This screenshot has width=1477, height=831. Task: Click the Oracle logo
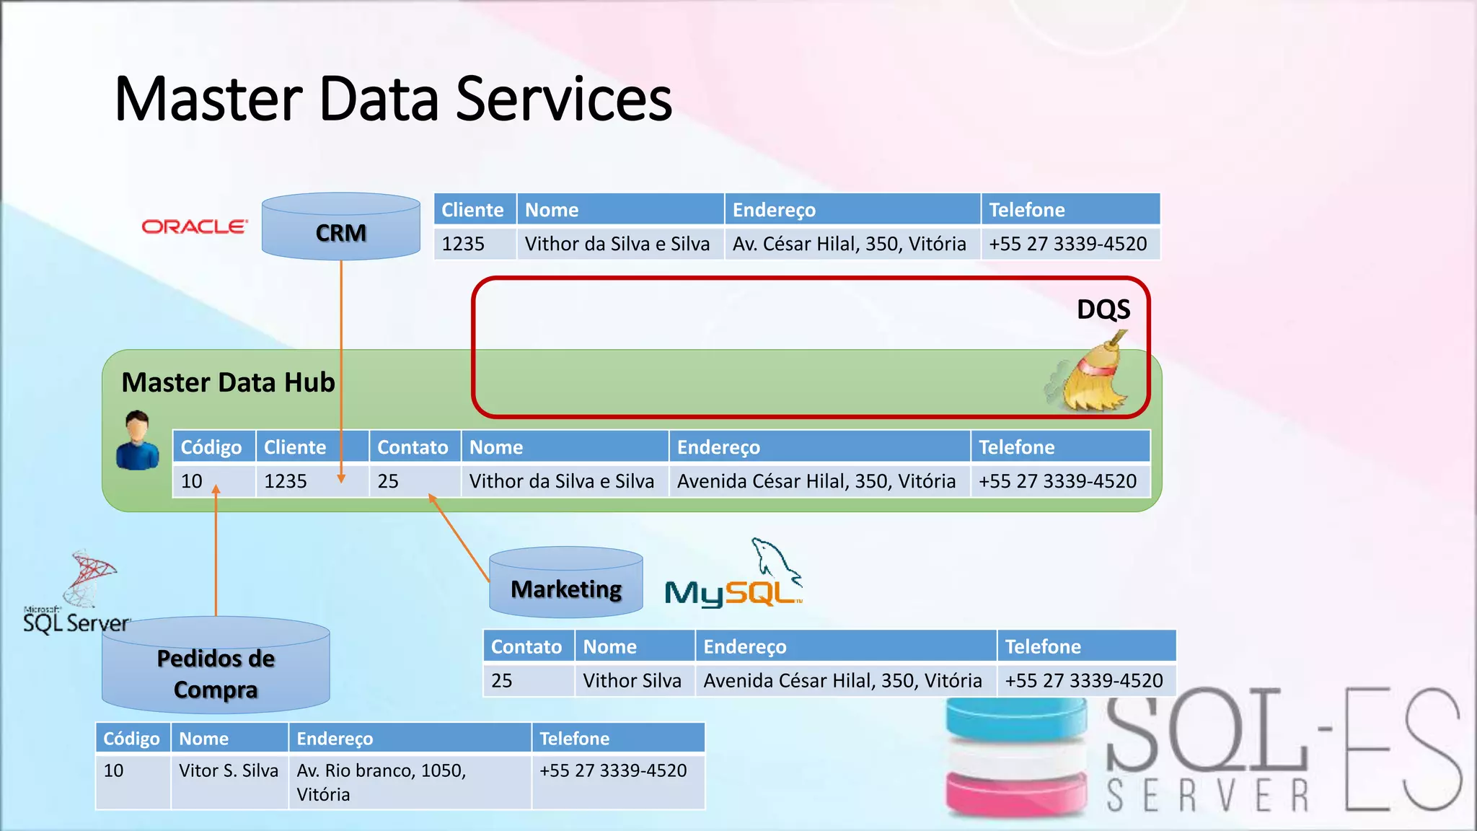(195, 227)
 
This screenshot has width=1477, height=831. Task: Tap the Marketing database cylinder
(566, 584)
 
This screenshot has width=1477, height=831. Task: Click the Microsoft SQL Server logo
(78, 595)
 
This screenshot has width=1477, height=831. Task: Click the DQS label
(1103, 309)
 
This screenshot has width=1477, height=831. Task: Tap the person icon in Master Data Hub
(138, 440)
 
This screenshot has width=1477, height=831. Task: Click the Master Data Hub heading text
(228, 382)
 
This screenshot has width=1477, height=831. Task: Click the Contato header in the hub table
(414, 447)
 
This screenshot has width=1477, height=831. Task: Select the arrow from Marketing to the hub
(459, 538)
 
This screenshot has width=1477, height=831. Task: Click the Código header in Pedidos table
(132, 739)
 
